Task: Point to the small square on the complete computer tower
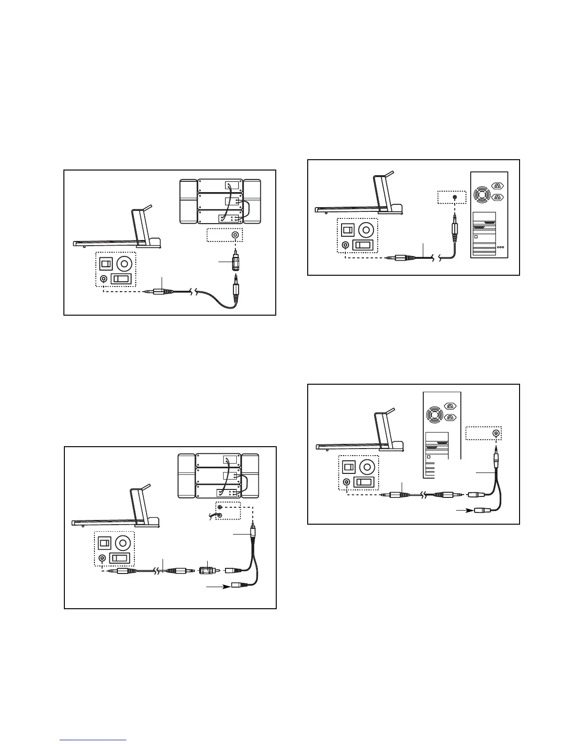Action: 476,237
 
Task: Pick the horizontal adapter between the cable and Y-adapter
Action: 205,570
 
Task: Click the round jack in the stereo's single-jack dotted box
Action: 234,235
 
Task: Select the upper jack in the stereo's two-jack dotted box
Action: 220,508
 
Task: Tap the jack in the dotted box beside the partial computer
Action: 495,433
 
